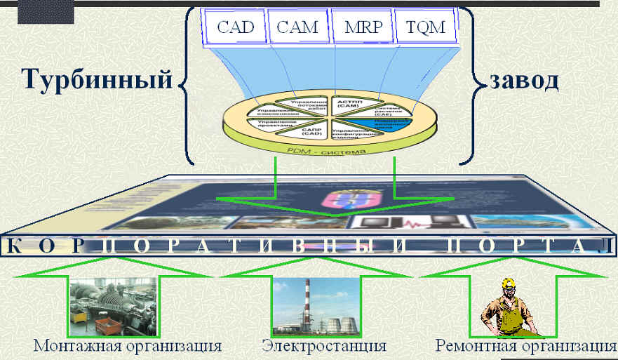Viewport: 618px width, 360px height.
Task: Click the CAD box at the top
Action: click(x=236, y=29)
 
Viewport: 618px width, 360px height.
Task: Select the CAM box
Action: click(x=297, y=29)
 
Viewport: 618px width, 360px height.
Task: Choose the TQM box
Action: click(x=425, y=29)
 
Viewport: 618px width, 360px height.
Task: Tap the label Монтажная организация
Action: click(x=128, y=346)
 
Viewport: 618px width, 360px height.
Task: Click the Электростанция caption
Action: click(x=324, y=346)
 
